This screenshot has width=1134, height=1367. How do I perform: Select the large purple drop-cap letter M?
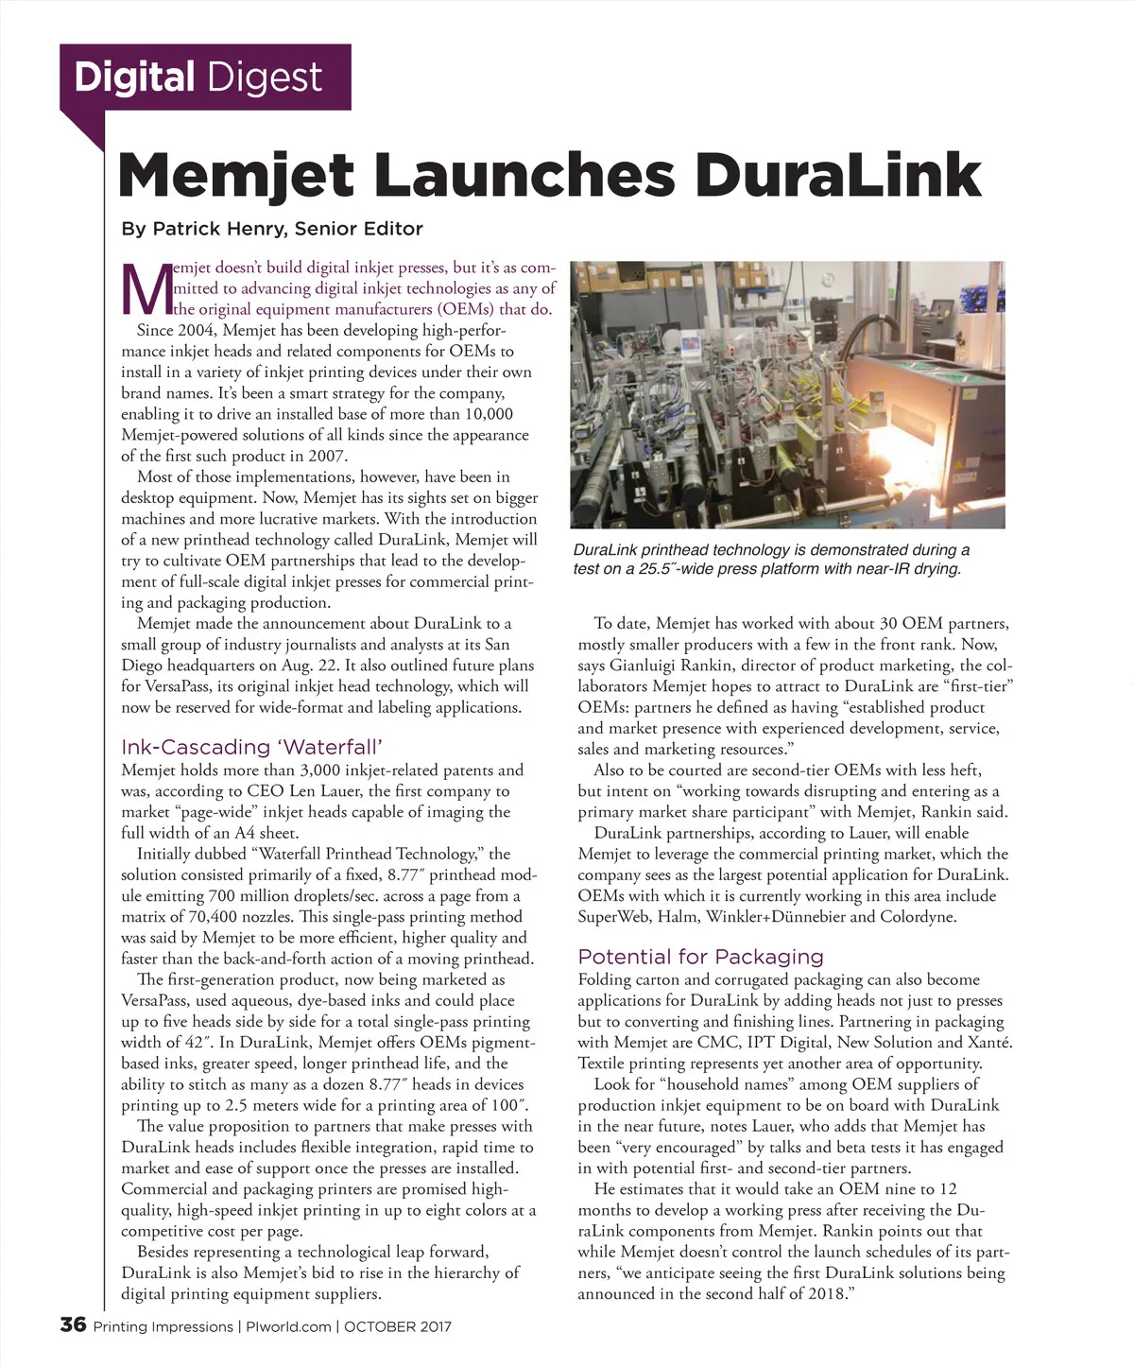[x=145, y=290]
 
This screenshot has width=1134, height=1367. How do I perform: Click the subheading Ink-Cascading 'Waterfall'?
[x=251, y=747]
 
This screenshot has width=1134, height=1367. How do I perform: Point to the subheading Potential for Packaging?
[x=700, y=956]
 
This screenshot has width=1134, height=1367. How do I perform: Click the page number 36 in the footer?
[x=73, y=1325]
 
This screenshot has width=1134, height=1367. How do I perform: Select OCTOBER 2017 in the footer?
[x=397, y=1326]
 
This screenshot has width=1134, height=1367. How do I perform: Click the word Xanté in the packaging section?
[x=990, y=1042]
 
